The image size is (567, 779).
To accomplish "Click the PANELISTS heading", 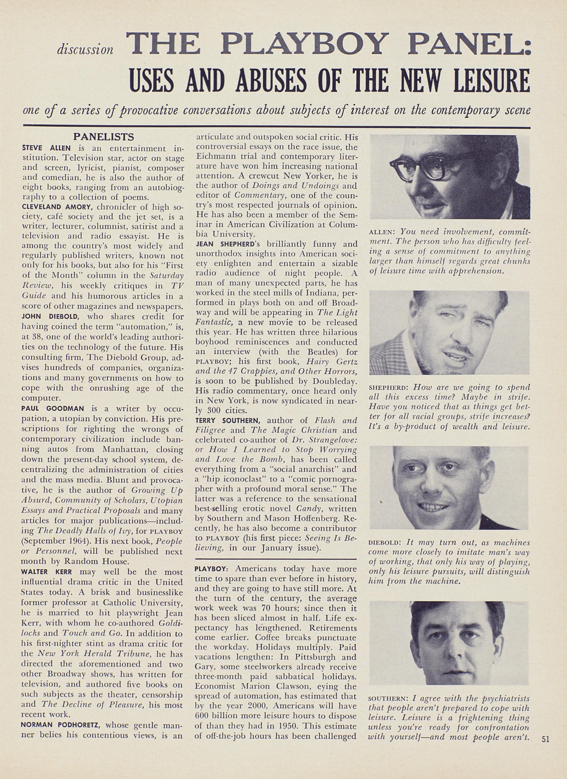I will (x=104, y=137).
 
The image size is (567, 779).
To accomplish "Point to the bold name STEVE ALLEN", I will (x=46, y=148).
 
